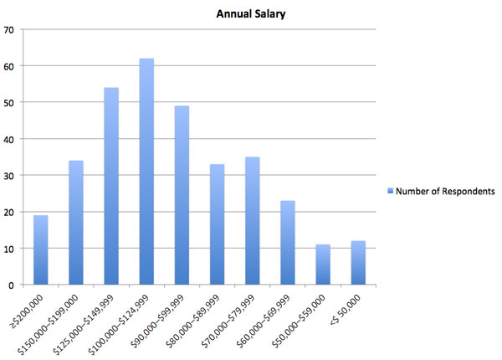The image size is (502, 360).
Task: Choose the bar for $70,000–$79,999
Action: (253, 221)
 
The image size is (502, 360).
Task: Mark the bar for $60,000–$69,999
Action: (288, 243)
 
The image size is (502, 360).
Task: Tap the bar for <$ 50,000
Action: (358, 263)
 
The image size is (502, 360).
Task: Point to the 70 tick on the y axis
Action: (10, 29)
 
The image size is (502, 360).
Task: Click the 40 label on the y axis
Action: (10, 139)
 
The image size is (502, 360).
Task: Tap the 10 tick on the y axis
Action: (10, 249)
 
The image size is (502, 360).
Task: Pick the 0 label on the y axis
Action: (13, 285)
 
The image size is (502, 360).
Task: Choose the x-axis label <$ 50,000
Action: (351, 304)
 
